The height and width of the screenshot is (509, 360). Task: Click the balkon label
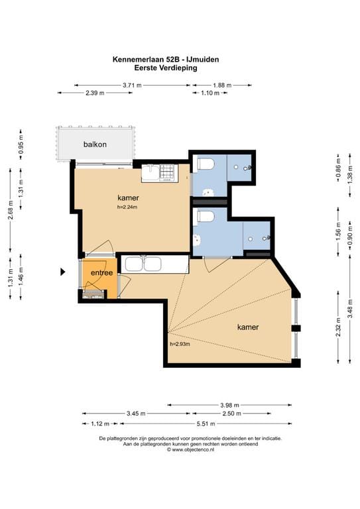[x=95, y=144]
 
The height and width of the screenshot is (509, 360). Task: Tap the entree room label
[x=101, y=272]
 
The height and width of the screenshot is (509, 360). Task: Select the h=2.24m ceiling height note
[x=127, y=207]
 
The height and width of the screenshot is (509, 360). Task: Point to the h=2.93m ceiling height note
[x=180, y=344]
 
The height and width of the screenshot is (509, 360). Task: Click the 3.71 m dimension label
[x=132, y=85]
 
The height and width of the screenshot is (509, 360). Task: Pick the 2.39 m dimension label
[x=95, y=93]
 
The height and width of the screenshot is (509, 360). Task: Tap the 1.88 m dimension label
[x=222, y=85]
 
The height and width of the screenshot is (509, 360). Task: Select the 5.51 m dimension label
[x=206, y=424]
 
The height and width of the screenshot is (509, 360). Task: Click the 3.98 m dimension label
[x=229, y=405]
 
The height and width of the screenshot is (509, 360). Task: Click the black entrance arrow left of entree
[x=63, y=272]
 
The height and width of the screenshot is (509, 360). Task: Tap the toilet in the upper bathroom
[x=206, y=163]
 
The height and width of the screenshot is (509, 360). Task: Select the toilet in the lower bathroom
[x=206, y=216]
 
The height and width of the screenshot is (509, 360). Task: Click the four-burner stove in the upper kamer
[x=168, y=172]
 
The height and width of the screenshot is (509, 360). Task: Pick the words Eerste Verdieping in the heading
[x=166, y=68]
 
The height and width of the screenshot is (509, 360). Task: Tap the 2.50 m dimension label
[x=231, y=414]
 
